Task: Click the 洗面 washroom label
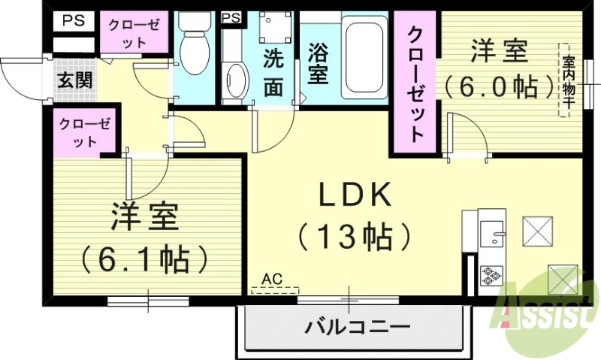pyautogui.click(x=272, y=73)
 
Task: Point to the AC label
pyautogui.click(x=273, y=278)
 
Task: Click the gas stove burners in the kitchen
pyautogui.click(x=491, y=276)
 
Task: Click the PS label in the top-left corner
pyautogui.click(x=73, y=20)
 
